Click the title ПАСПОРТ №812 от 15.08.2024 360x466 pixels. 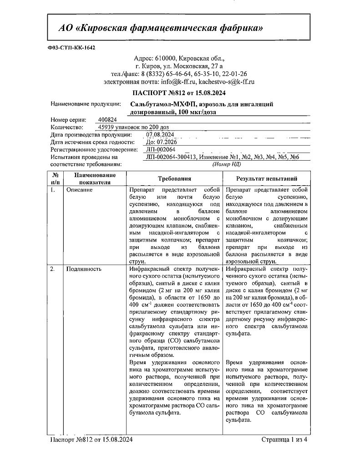coord(179,93)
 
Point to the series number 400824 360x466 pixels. coord(107,119)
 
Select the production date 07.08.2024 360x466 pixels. coord(161,135)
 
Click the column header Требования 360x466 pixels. coord(174,179)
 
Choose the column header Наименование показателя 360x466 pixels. coord(89,179)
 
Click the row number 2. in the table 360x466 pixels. coord(53,269)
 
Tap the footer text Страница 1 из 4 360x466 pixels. coord(285,440)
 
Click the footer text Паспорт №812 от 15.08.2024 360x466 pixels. coord(91,440)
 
